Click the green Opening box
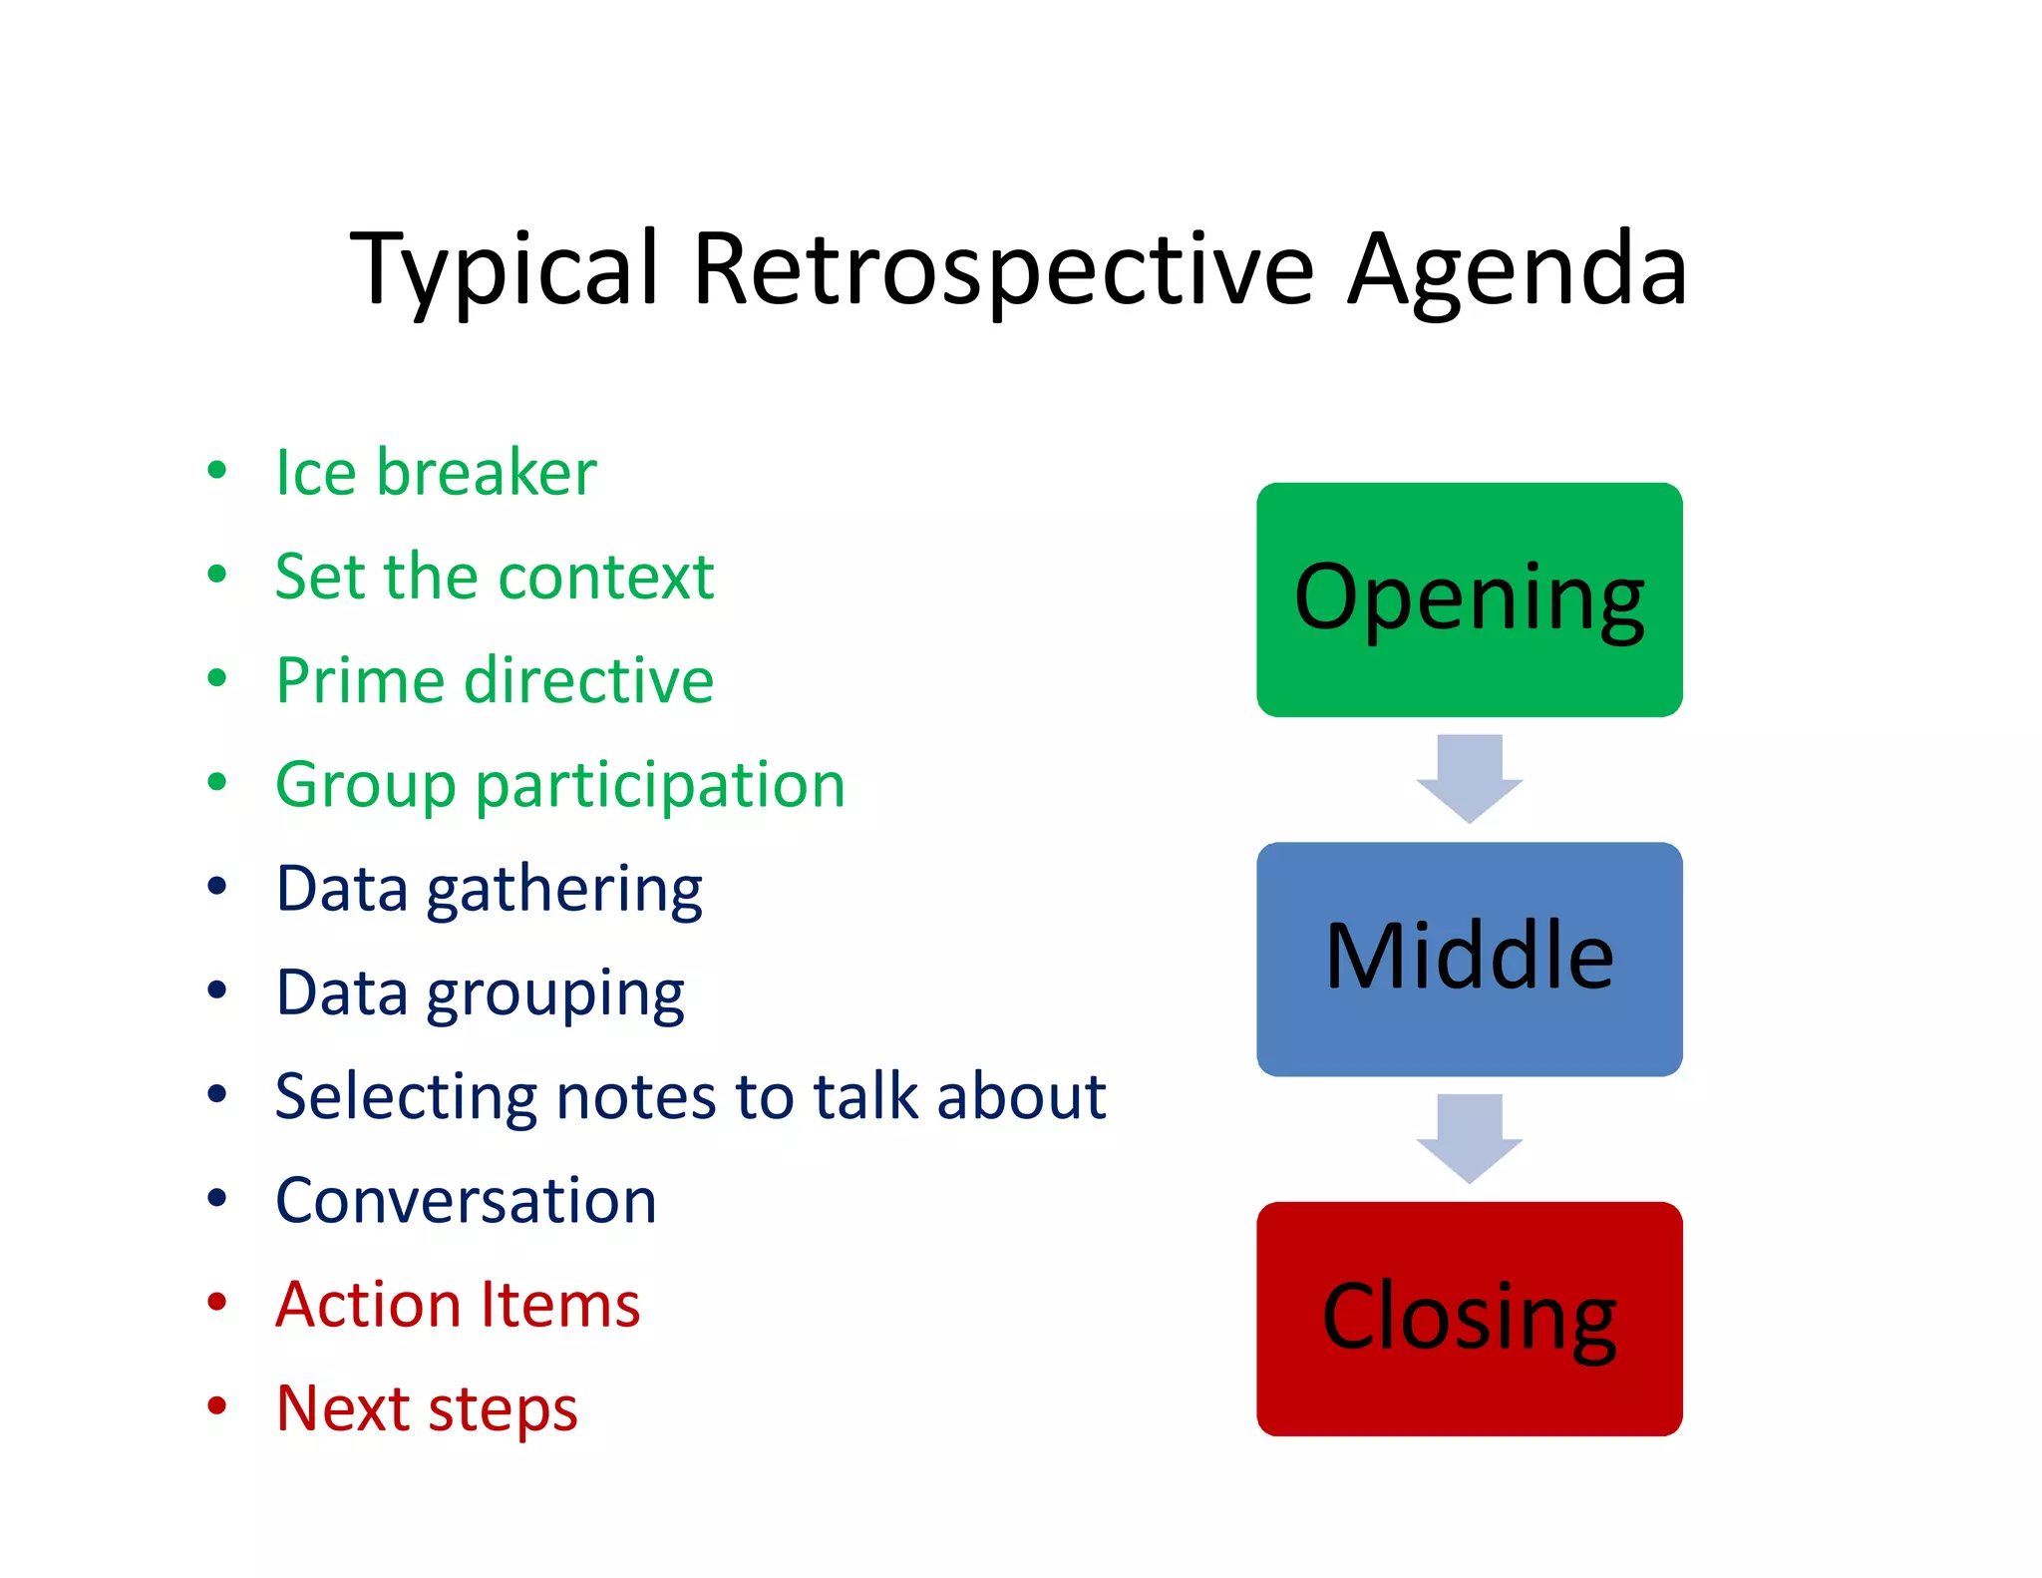(x=1469, y=599)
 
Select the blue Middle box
(x=1469, y=959)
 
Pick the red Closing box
(x=1469, y=1319)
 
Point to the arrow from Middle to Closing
(x=1469, y=1138)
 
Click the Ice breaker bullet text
(x=436, y=472)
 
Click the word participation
(x=660, y=785)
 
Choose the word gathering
(x=564, y=890)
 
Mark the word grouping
(x=555, y=993)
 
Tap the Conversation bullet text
(x=466, y=1200)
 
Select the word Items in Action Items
(x=559, y=1305)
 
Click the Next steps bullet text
(x=427, y=1408)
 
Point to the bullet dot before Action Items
(x=216, y=1302)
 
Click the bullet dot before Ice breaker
(x=216, y=469)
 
